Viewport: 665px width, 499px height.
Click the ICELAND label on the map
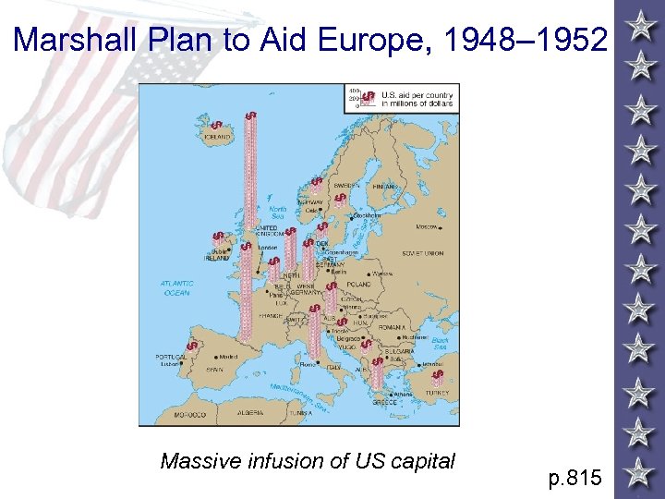217,137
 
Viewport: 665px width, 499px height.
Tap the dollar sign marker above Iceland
215,125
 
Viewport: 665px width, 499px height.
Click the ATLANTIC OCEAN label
175,287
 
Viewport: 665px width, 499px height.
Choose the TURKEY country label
437,393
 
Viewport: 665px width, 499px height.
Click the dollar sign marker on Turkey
438,374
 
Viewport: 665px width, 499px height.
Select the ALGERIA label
252,414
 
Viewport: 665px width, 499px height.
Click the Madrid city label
227,357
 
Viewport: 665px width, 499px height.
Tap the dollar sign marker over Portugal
191,347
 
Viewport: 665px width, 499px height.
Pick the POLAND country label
359,285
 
